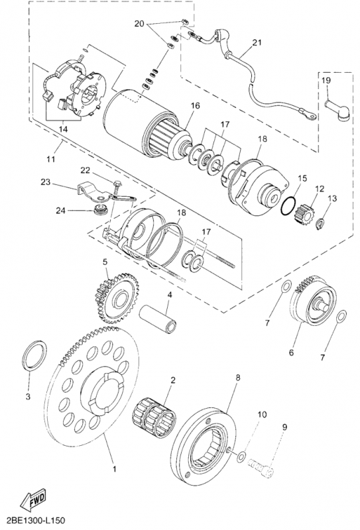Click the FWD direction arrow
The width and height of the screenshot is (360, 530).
point(33,500)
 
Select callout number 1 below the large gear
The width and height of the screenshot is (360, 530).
point(114,469)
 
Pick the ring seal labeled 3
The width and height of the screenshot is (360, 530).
point(34,356)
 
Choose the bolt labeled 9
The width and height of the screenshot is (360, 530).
point(261,469)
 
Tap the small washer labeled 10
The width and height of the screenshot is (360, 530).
point(241,457)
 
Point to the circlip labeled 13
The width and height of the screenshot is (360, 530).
point(320,223)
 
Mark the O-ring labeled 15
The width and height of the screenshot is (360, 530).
point(288,206)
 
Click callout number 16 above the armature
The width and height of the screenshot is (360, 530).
point(195,106)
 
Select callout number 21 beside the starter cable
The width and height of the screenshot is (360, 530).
point(257,43)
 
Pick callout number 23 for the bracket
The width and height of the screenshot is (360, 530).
point(45,183)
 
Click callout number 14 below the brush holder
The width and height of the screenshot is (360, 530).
point(63,129)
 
